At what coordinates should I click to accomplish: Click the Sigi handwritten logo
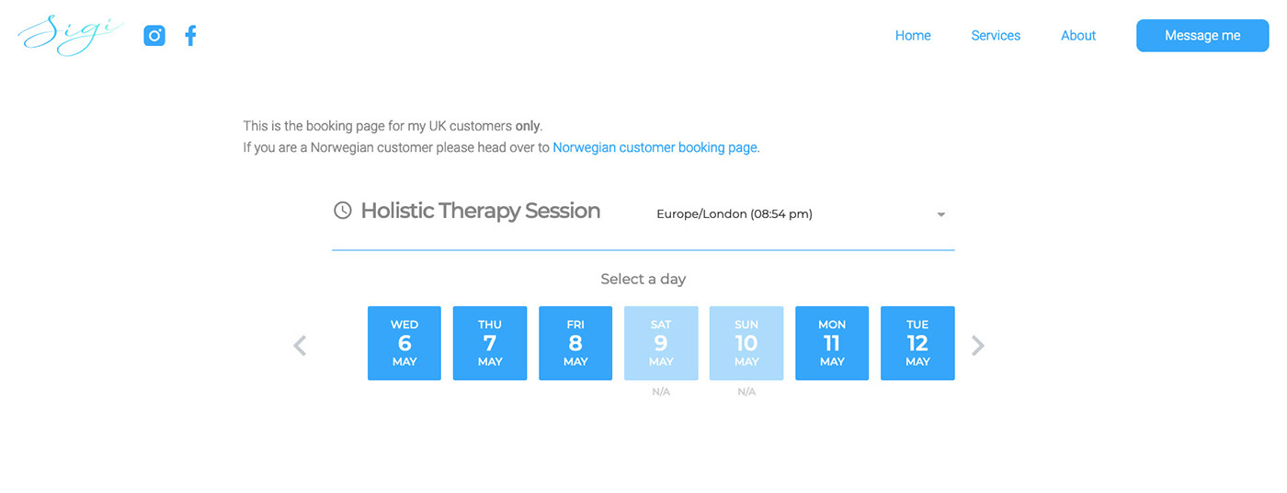tap(70, 34)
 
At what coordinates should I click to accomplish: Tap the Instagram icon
tap(154, 36)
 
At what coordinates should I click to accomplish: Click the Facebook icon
tap(191, 36)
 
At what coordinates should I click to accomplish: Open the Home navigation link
tap(912, 36)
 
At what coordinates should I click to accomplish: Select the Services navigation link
tap(995, 36)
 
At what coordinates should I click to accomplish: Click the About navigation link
tap(1077, 36)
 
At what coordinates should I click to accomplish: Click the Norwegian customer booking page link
tap(655, 148)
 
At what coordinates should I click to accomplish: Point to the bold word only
tap(527, 126)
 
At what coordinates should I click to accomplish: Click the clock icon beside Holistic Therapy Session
tap(342, 211)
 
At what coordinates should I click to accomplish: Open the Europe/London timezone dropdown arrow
tap(940, 214)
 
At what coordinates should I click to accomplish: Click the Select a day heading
tap(643, 280)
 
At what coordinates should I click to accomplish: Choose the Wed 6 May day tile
tap(404, 343)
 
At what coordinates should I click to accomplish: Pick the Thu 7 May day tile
tap(489, 343)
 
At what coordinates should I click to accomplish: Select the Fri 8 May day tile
tap(575, 343)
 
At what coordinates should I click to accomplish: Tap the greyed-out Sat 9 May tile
tap(661, 343)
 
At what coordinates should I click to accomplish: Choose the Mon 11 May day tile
tap(832, 343)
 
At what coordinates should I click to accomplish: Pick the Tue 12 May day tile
tap(917, 343)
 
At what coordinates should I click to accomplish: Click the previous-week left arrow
tap(300, 345)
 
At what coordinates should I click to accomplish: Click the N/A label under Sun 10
tap(746, 392)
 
